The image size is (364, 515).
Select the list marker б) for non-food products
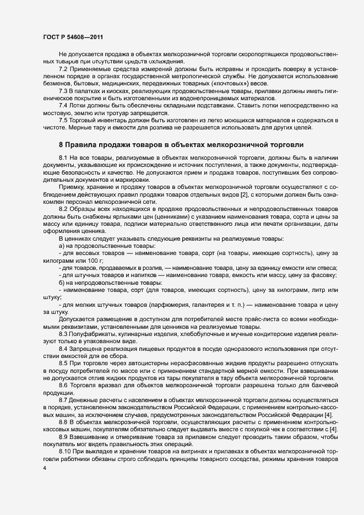tap(61, 283)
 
